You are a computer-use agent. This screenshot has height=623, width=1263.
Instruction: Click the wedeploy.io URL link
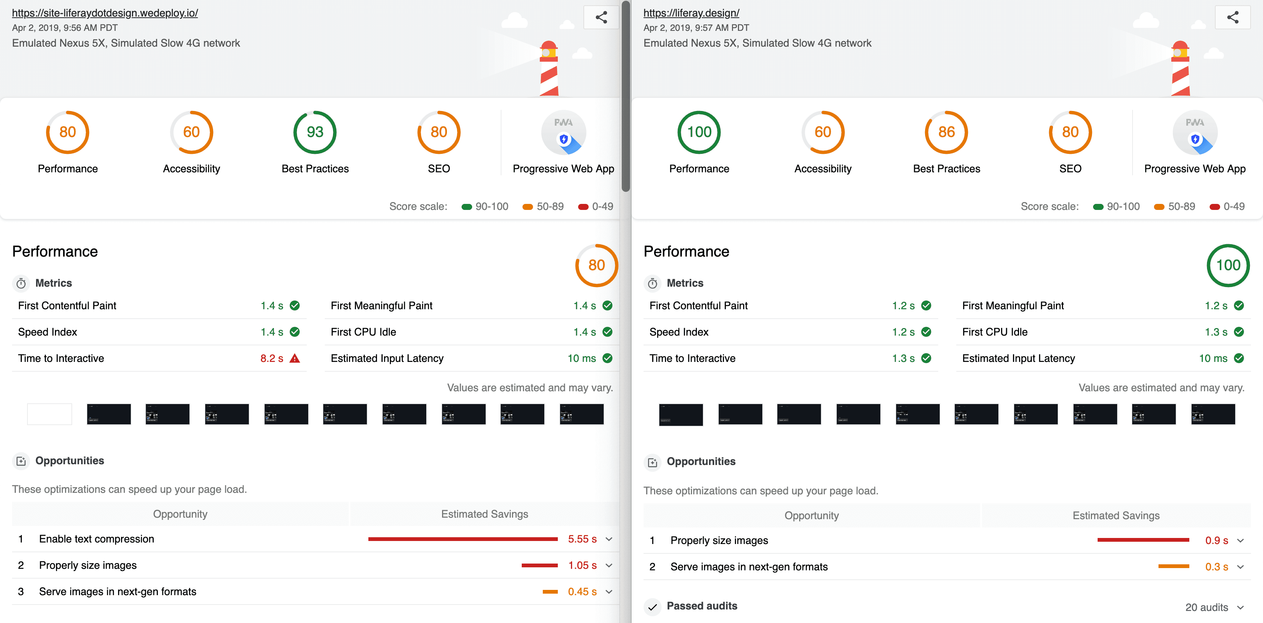(x=105, y=13)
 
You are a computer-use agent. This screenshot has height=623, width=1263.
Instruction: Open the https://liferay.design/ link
(x=691, y=13)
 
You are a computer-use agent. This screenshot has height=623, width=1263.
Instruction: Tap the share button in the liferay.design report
(x=1233, y=18)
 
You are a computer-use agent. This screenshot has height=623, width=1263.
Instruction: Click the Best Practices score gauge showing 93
(x=315, y=132)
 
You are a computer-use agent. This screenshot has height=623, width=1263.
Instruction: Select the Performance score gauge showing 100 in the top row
(x=699, y=132)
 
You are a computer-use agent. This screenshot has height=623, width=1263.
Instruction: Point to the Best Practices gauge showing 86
(x=946, y=132)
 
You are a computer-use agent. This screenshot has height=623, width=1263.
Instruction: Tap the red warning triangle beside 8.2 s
(x=295, y=359)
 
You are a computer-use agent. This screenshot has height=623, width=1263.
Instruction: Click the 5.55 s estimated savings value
(x=582, y=539)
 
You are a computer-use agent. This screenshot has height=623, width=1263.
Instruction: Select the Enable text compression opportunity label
(x=97, y=539)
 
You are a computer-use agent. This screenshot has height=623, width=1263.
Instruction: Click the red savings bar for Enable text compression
(x=463, y=539)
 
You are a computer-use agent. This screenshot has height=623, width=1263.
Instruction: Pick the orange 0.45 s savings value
(x=582, y=592)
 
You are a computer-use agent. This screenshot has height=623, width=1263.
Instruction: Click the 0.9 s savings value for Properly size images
(x=1216, y=541)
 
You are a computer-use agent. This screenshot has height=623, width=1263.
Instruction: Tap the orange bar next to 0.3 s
(x=1174, y=567)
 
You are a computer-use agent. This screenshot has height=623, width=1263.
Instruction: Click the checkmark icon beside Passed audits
(x=652, y=607)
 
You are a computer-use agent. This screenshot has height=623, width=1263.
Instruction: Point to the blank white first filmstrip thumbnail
(x=50, y=414)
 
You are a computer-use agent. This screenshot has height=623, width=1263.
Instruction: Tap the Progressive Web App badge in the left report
(x=563, y=132)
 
